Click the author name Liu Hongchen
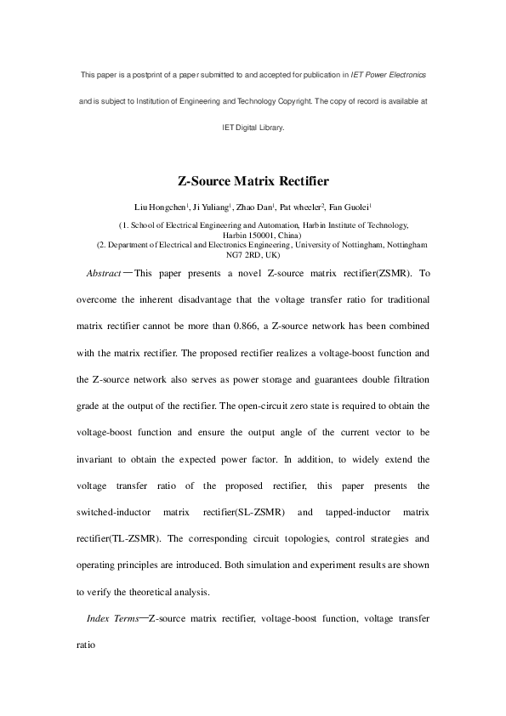[x=160, y=207]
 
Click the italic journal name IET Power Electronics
[x=389, y=76]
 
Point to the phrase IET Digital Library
[x=253, y=128]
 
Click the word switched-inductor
[x=117, y=512]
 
